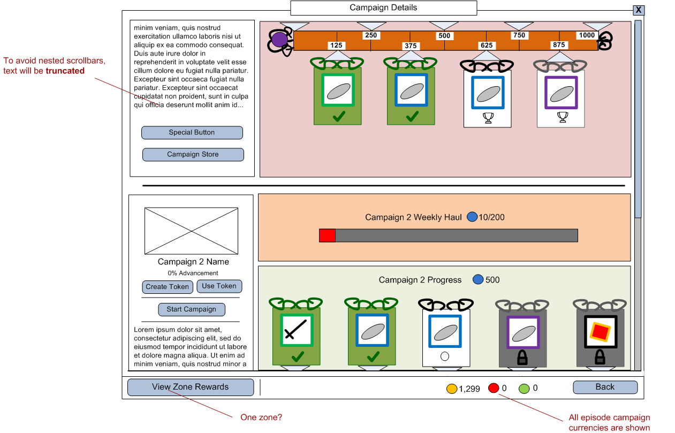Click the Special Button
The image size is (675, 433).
192,133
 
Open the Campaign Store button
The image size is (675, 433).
193,155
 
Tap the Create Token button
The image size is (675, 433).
167,287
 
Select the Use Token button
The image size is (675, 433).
219,286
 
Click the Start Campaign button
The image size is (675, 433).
191,309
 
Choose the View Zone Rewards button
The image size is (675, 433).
190,388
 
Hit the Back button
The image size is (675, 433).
605,388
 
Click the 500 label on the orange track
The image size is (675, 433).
444,36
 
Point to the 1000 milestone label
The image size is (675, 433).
587,35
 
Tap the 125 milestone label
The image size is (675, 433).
336,45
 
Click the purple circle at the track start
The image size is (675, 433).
279,40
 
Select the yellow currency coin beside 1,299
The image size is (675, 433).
452,389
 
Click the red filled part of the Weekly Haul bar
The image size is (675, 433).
327,236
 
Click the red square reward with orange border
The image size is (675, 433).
600,332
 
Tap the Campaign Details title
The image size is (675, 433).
383,8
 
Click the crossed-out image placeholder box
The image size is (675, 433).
191,231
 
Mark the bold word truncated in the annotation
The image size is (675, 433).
65,71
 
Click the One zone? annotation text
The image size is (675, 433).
261,417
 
